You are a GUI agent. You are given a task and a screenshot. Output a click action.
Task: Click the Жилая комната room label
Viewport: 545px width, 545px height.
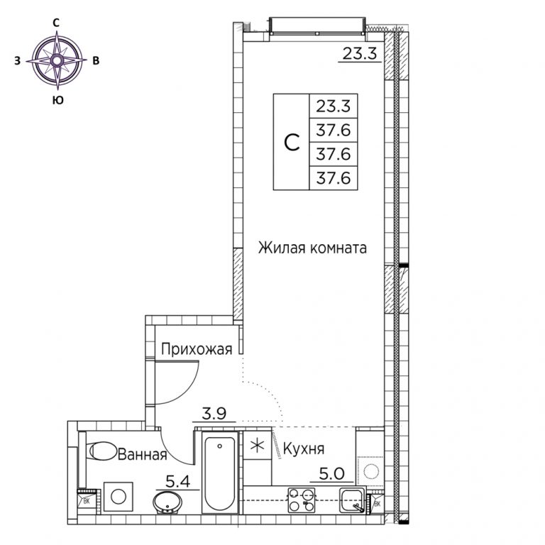pos(312,248)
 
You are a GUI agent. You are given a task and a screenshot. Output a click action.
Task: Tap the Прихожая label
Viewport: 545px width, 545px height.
pos(197,349)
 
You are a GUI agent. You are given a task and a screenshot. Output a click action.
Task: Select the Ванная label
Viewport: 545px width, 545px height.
pos(143,454)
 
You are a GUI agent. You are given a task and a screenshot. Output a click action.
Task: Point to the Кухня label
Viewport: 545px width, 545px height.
pos(304,449)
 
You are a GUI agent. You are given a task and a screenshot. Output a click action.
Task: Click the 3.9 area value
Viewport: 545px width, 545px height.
pos(214,413)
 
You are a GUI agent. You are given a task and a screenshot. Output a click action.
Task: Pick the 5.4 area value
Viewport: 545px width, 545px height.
pos(177,481)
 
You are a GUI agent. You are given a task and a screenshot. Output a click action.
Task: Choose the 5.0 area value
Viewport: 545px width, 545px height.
pos(331,474)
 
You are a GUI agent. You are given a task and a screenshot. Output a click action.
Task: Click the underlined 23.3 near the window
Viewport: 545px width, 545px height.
pos(360,53)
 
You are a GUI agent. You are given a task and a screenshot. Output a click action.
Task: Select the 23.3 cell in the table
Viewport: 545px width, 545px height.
pos(334,106)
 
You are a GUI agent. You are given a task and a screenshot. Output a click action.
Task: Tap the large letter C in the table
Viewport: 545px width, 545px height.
pos(292,142)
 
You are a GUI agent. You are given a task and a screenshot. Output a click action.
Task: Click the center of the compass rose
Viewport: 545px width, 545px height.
pos(57,60)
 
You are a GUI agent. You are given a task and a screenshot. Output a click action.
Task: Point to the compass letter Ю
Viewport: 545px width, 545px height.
pos(57,100)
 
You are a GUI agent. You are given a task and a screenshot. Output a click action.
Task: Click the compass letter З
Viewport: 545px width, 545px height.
pos(17,61)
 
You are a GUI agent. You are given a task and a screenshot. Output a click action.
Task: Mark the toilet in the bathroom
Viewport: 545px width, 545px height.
pos(102,451)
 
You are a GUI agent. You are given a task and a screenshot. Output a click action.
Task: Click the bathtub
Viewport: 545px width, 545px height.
pos(220,472)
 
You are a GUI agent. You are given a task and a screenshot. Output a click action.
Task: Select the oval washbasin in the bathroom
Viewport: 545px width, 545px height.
pos(167,502)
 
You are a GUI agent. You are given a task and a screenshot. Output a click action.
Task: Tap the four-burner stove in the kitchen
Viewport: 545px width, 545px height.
pos(302,500)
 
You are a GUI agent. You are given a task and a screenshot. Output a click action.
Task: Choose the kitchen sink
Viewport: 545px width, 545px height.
pos(353,500)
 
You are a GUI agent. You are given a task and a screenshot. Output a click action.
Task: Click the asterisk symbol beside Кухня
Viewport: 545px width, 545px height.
pos(257,446)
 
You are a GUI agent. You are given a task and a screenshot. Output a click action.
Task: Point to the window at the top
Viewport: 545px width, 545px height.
pos(317,26)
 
